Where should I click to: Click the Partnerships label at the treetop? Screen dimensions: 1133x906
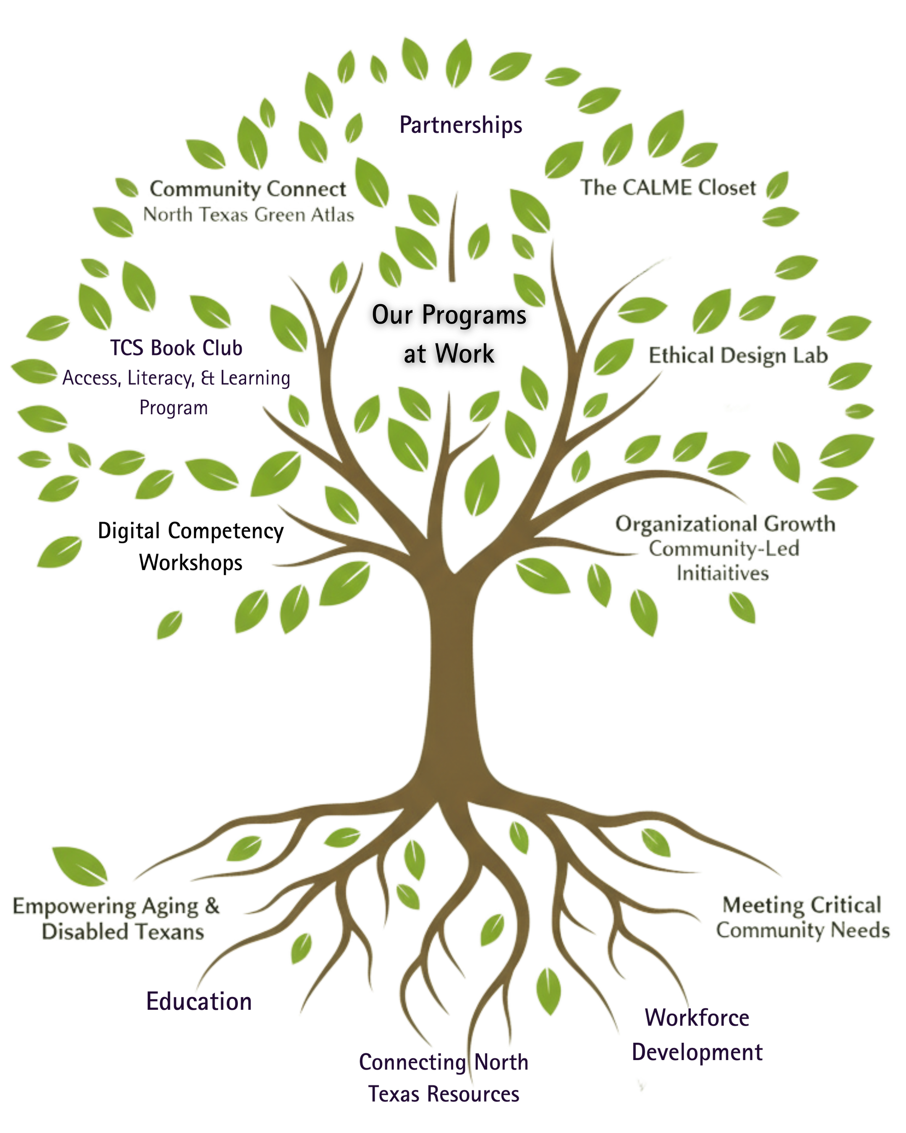(x=461, y=126)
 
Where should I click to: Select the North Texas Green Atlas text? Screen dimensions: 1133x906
(x=248, y=214)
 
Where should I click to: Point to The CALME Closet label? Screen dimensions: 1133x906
(x=668, y=188)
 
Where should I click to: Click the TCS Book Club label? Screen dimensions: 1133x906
(x=177, y=348)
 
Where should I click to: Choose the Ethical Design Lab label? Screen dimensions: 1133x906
(x=738, y=356)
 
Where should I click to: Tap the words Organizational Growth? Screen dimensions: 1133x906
(x=725, y=523)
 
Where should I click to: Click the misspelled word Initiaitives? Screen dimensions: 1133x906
(x=724, y=573)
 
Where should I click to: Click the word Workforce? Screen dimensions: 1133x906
(x=697, y=1018)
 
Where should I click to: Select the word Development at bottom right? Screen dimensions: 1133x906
(x=697, y=1052)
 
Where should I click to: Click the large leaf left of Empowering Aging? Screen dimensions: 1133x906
(x=80, y=863)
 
